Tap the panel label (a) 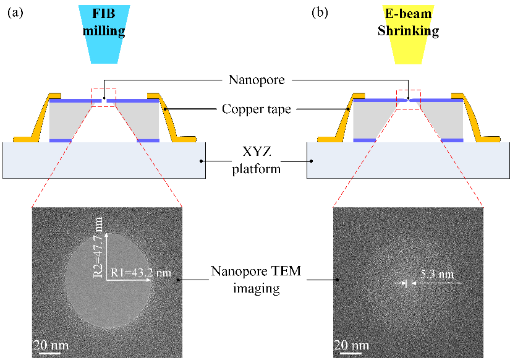coord(15,13)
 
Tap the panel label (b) coord(320,13)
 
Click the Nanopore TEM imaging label coord(257,280)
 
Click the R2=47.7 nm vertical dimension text coord(100,244)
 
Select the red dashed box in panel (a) coord(103,97)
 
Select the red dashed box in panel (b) coord(408,99)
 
